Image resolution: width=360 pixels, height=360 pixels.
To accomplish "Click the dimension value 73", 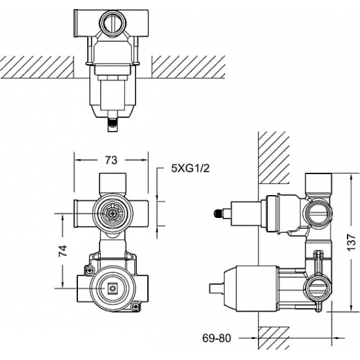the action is pos(111,160).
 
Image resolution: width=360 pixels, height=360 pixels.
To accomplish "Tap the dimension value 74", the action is pos(63,251).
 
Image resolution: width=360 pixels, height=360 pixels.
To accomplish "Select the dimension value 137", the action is pos(351,243).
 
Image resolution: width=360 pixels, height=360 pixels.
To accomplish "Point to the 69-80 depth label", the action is pos(217,338).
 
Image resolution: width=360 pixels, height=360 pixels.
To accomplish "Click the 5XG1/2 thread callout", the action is pos(190,169).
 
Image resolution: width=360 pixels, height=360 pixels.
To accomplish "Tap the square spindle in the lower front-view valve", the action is pos(113,288).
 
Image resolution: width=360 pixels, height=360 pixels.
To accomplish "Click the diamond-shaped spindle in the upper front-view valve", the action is pos(113,214).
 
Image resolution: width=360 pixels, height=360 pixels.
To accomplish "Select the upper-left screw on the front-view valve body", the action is pos(89,270).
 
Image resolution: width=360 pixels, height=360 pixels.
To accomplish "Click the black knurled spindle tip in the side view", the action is pos(217,214).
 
